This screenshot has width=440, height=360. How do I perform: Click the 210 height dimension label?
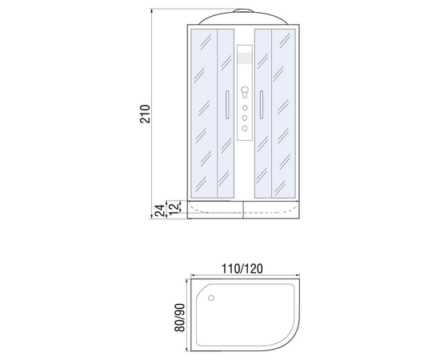click(x=145, y=114)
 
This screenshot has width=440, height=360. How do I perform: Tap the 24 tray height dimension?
click(x=160, y=210)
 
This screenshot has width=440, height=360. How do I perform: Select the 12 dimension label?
click(x=174, y=208)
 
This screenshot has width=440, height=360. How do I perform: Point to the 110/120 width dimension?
click(x=242, y=269)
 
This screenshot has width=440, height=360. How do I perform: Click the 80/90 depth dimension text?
click(x=180, y=318)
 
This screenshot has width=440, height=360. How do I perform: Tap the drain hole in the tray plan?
click(x=211, y=298)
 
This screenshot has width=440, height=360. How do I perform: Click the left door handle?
click(x=227, y=105)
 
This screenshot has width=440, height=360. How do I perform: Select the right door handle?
click(x=262, y=105)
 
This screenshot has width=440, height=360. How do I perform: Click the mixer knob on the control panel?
click(x=245, y=92)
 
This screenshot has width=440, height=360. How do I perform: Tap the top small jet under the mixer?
click(x=245, y=108)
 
